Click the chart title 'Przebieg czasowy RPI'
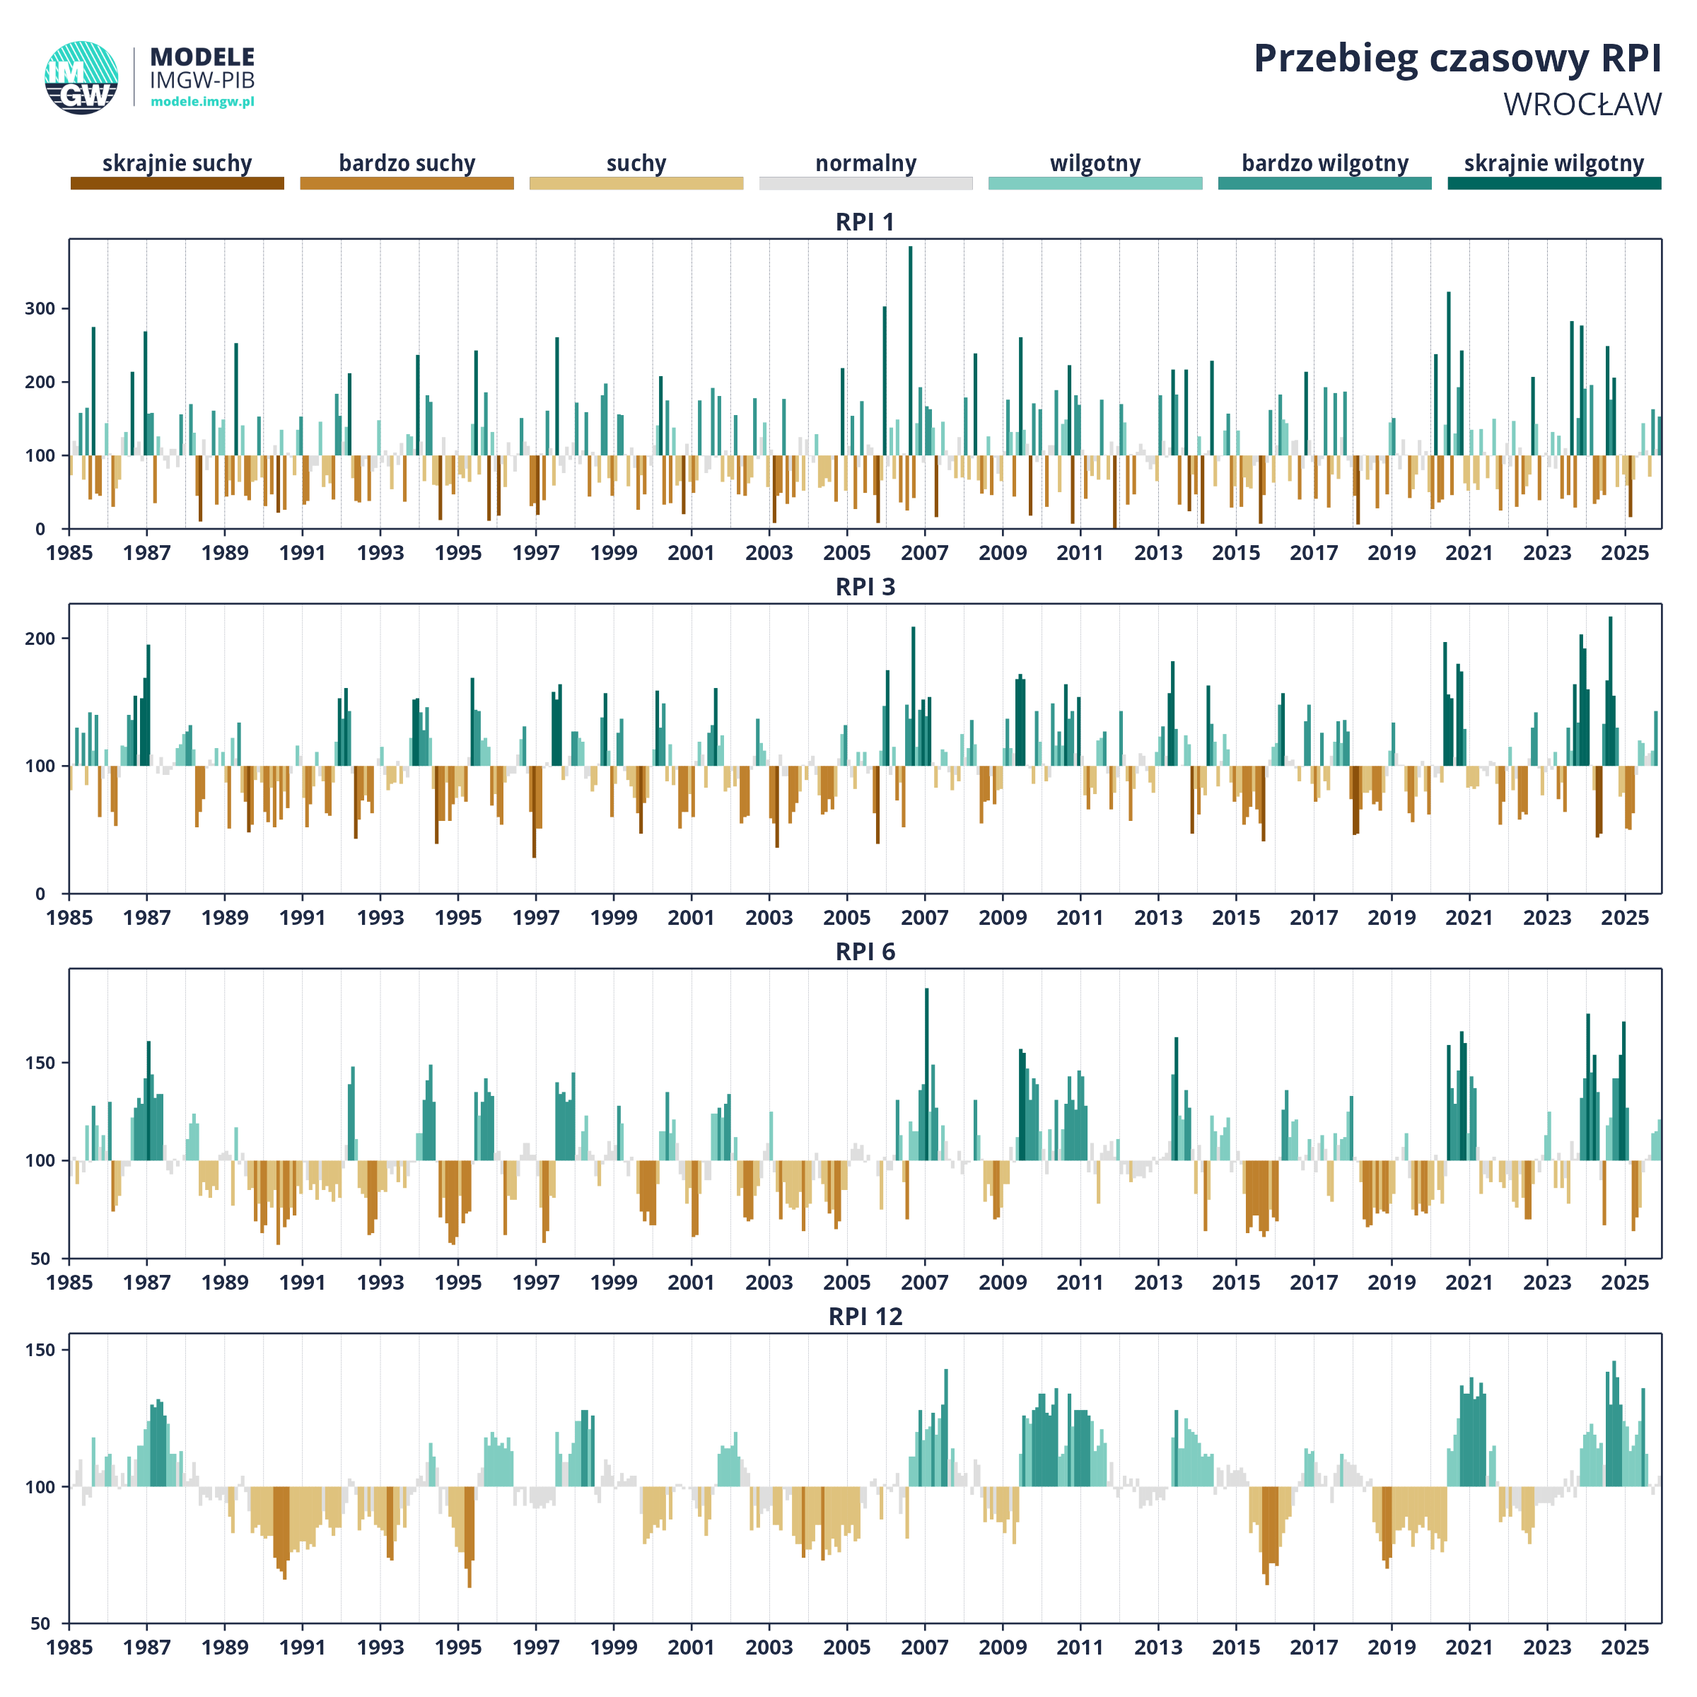1457,59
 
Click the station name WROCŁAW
1582,105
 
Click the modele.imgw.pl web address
202,102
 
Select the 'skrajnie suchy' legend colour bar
177,182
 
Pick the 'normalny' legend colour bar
865,182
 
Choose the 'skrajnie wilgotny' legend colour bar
1554,182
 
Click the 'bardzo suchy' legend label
407,163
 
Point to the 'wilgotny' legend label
1095,163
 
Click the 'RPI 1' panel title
865,222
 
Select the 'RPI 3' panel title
865,587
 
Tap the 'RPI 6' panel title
865,952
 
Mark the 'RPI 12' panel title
865,1317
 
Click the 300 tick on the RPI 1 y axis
40,308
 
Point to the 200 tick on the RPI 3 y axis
40,638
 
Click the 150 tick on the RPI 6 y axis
40,1063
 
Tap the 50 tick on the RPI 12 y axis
40,1624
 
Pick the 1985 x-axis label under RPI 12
69,1648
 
